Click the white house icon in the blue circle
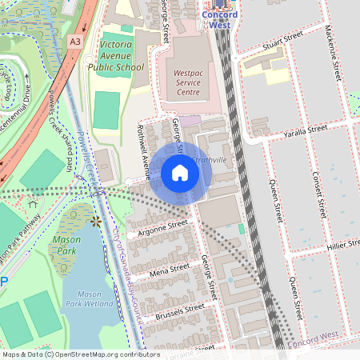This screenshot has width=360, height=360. (x=180, y=172)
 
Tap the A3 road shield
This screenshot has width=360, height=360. (x=75, y=41)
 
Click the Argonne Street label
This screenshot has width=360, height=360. (x=163, y=227)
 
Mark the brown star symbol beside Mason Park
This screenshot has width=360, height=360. (x=97, y=221)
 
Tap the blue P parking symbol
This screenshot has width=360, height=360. (x=3, y=282)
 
